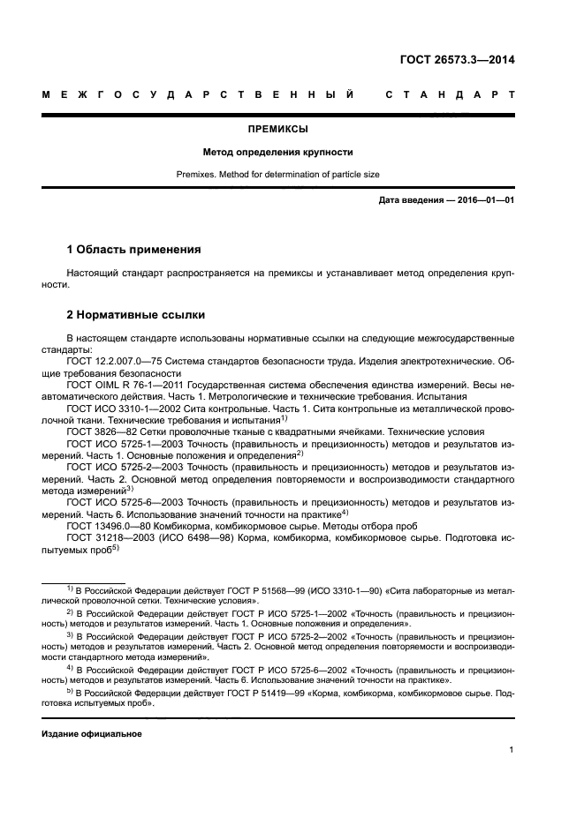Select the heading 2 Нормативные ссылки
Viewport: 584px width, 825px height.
(137, 314)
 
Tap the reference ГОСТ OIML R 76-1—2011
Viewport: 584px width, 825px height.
(125, 386)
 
